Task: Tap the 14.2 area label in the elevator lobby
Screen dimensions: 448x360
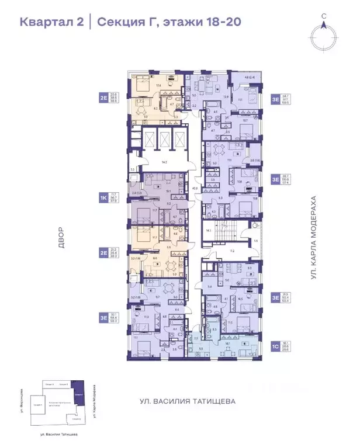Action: tap(165, 162)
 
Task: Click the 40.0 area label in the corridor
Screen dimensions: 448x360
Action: tap(195, 189)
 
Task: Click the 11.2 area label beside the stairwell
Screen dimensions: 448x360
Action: tap(231, 251)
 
